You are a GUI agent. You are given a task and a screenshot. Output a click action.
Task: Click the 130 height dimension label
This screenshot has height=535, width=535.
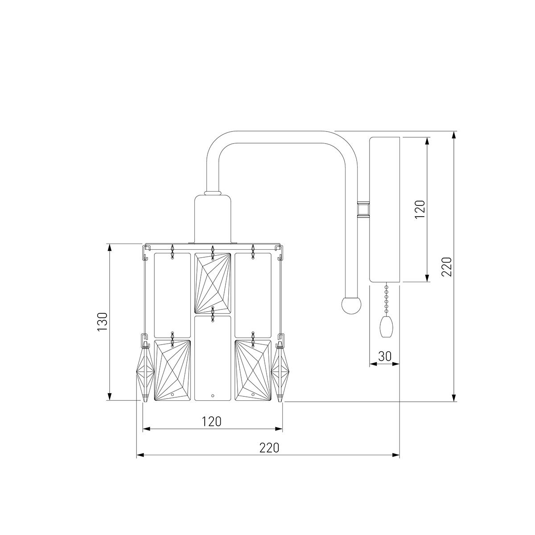click(x=103, y=321)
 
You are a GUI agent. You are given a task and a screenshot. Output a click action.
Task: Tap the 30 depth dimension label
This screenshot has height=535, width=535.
click(x=385, y=356)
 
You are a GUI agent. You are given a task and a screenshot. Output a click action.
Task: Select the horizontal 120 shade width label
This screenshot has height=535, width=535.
click(x=212, y=422)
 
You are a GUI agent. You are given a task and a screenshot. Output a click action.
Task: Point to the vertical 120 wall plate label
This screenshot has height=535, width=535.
click(x=420, y=210)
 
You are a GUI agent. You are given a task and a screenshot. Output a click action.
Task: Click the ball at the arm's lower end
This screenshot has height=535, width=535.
click(x=351, y=305)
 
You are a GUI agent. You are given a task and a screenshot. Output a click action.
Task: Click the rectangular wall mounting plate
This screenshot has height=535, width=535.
click(x=384, y=210)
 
